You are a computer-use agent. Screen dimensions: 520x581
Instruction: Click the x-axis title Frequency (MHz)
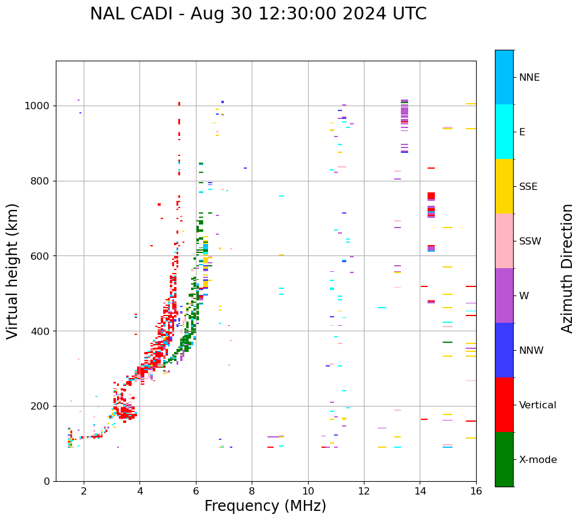pyautogui.click(x=265, y=506)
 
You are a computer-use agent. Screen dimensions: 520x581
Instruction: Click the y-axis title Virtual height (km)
pyautogui.click(x=13, y=271)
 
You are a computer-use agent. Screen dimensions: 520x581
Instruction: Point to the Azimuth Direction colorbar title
pyautogui.click(x=567, y=268)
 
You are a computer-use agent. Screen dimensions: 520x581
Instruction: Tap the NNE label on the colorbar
pyautogui.click(x=529, y=78)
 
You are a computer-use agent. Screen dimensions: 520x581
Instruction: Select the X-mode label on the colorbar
pyautogui.click(x=537, y=460)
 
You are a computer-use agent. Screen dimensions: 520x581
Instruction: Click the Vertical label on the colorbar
pyautogui.click(x=537, y=405)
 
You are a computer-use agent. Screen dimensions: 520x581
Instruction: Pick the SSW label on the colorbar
pyautogui.click(x=530, y=241)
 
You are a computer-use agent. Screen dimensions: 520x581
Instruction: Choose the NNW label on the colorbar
pyautogui.click(x=531, y=351)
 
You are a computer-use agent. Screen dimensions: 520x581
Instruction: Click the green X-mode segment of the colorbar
pyautogui.click(x=504, y=459)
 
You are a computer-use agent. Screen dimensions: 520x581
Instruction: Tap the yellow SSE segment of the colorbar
pyautogui.click(x=504, y=186)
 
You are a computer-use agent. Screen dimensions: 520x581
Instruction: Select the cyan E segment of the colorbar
pyautogui.click(x=504, y=132)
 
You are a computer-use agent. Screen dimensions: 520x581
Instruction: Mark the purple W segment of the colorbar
pyautogui.click(x=504, y=295)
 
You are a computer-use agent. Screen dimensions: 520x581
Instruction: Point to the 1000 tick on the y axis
pyautogui.click(x=38, y=106)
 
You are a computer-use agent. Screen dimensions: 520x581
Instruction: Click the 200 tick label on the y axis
pyautogui.click(x=41, y=407)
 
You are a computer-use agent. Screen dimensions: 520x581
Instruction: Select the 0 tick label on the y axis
pyautogui.click(x=47, y=482)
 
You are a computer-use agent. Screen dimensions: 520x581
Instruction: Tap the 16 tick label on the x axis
pyautogui.click(x=476, y=491)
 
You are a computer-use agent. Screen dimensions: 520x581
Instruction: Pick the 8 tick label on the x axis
pyautogui.click(x=252, y=491)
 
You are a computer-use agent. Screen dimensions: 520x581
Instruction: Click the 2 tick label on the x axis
pyautogui.click(x=84, y=491)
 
